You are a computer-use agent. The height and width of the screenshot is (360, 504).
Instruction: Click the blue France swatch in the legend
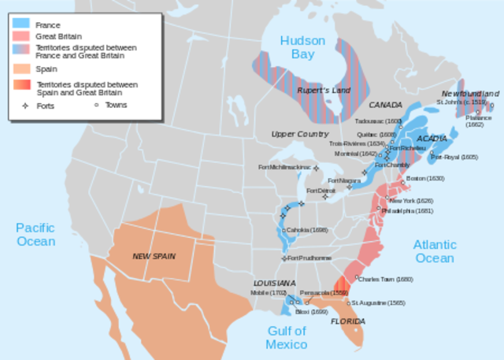pyautogui.click(x=23, y=24)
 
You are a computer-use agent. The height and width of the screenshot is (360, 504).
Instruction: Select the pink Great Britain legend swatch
pyautogui.click(x=23, y=36)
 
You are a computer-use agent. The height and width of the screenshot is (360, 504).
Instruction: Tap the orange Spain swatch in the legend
pyautogui.click(x=23, y=69)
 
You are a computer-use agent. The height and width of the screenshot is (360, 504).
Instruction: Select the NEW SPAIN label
pyautogui.click(x=154, y=255)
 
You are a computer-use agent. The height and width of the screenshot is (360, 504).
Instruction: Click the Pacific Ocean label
pyautogui.click(x=35, y=235)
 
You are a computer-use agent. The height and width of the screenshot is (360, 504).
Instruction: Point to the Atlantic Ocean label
pyautogui.click(x=434, y=251)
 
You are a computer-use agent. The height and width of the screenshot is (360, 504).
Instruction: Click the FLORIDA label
pyautogui.click(x=346, y=321)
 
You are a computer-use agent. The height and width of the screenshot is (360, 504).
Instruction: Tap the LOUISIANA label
pyautogui.click(x=274, y=283)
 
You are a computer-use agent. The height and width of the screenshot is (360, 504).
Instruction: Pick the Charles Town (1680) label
pyautogui.click(x=385, y=279)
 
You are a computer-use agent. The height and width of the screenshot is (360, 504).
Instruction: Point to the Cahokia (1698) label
pyautogui.click(x=306, y=230)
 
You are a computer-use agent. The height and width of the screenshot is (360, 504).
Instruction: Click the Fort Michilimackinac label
pyautogui.click(x=284, y=167)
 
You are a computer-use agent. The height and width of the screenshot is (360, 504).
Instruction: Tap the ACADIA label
pyautogui.click(x=432, y=139)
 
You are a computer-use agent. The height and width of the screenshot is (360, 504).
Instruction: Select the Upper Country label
pyautogui.click(x=300, y=135)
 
